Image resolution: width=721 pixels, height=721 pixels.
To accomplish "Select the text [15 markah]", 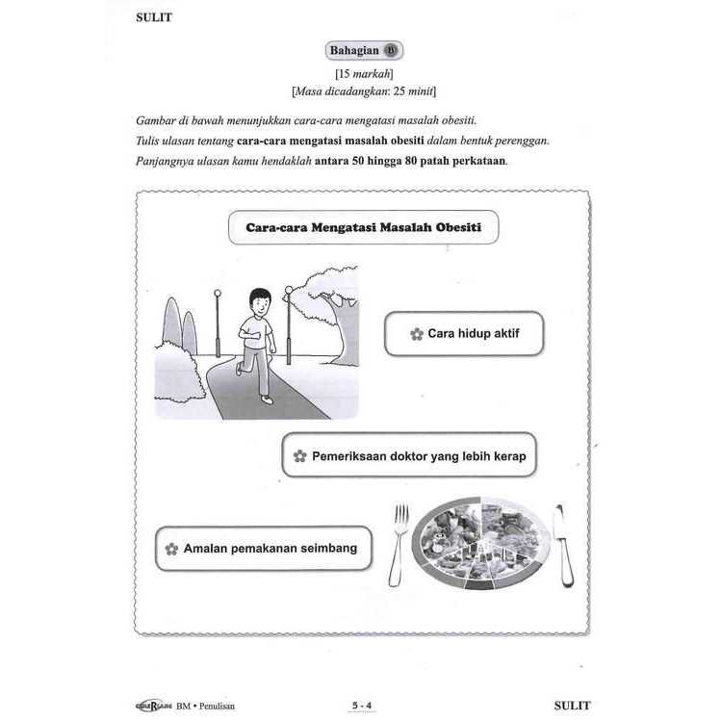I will click(x=360, y=73).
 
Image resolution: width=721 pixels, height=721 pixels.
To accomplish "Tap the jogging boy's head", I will click(x=257, y=302).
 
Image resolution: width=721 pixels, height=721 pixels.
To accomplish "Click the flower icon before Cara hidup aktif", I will click(x=416, y=335).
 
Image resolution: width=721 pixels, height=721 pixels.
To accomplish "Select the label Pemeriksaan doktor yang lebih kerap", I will click(x=409, y=455).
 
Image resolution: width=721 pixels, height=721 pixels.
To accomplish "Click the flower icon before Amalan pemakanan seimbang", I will click(x=171, y=549).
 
